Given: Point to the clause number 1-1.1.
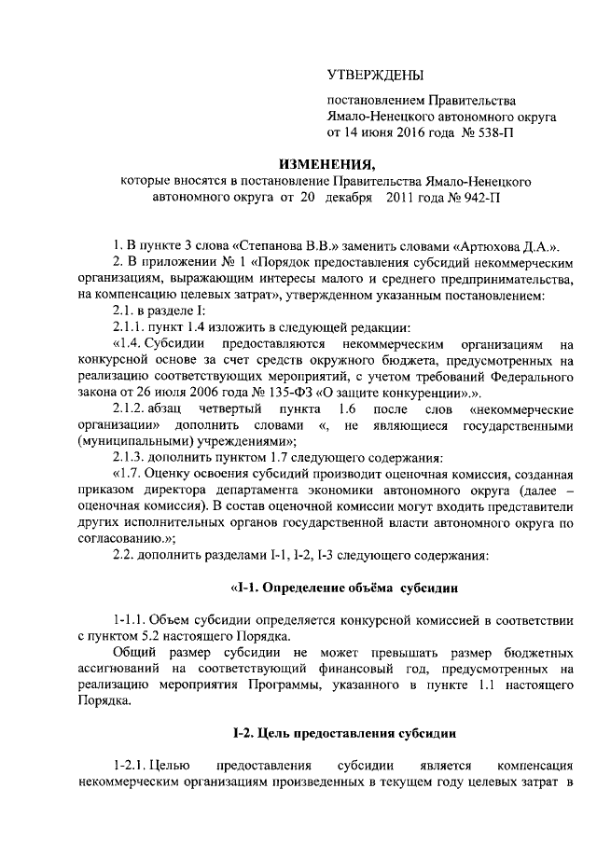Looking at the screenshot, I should [131, 620].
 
